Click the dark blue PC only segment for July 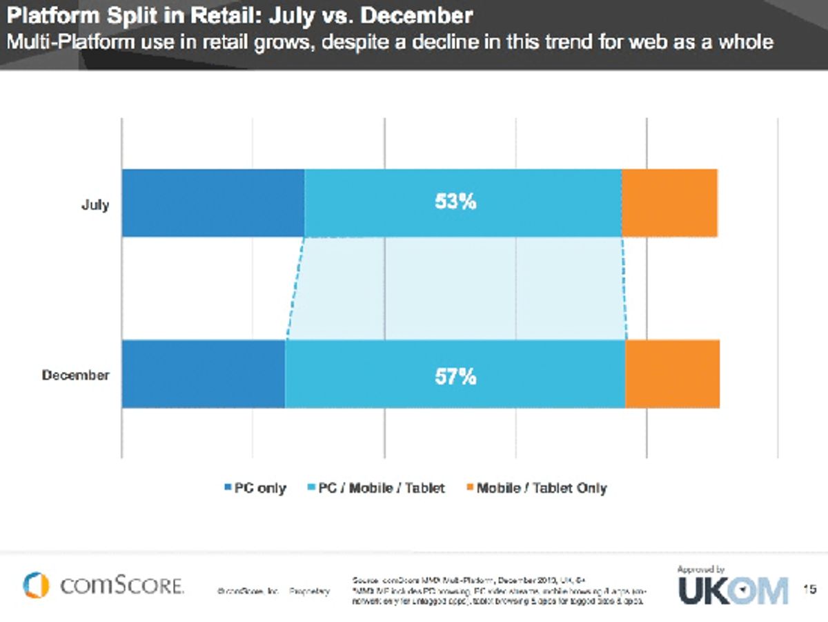(x=213, y=203)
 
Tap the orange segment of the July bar (x=669, y=203)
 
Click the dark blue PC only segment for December (x=204, y=374)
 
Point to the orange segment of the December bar (x=672, y=374)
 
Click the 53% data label (x=455, y=202)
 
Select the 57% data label (x=455, y=377)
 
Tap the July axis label (x=95, y=204)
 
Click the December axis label (x=75, y=376)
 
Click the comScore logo (x=103, y=586)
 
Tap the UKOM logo (x=733, y=591)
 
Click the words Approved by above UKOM (x=700, y=570)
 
